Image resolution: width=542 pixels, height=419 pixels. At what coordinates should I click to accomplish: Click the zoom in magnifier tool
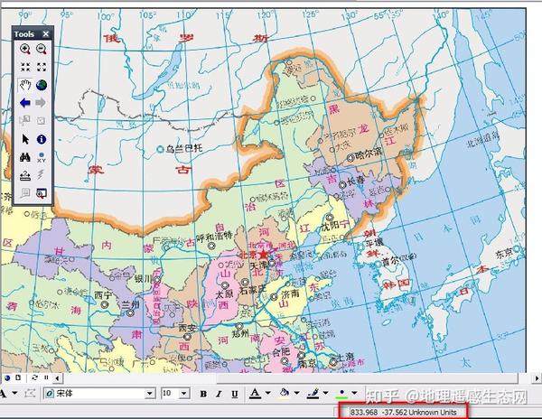coord(25,50)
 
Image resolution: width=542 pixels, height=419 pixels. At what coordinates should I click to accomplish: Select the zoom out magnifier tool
coord(42,50)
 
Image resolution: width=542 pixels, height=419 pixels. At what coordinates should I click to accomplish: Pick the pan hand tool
coord(25,86)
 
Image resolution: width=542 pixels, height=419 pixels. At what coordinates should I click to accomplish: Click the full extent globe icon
coord(42,86)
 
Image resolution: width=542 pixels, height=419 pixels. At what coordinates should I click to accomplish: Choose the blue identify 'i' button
coord(42,139)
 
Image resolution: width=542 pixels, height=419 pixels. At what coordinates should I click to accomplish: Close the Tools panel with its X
coord(46,33)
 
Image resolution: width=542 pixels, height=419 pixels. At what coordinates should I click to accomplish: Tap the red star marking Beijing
coord(264,256)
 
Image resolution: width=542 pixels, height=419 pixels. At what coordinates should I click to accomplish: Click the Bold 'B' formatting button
coord(204,394)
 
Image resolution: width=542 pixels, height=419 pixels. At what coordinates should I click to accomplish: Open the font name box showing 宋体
coord(99,394)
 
